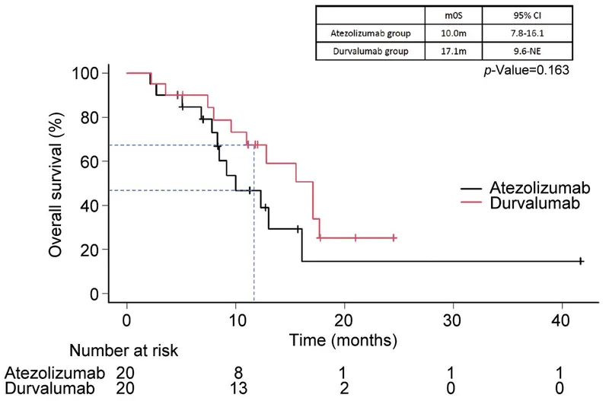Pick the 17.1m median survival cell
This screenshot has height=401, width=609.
tap(453, 52)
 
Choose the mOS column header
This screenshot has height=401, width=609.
tap(453, 14)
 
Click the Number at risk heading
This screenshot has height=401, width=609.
tap(125, 351)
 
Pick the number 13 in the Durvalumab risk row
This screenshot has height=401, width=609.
tap(235, 389)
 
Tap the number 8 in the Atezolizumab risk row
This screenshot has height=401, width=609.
tap(235, 373)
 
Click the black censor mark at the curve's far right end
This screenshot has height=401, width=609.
tap(581, 261)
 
